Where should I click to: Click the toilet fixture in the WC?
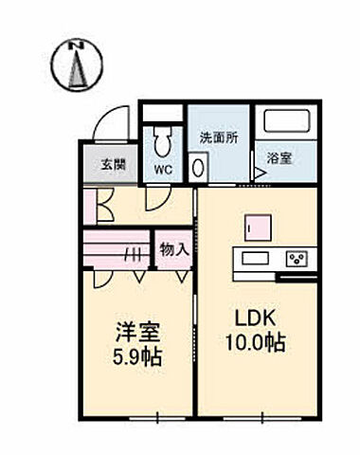tap(162, 139)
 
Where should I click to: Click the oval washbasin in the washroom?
tap(198, 167)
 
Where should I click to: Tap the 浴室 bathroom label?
tap(279, 158)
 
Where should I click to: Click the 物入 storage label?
tap(173, 249)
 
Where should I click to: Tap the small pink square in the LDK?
tap(253, 227)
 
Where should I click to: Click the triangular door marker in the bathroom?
tap(258, 173)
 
